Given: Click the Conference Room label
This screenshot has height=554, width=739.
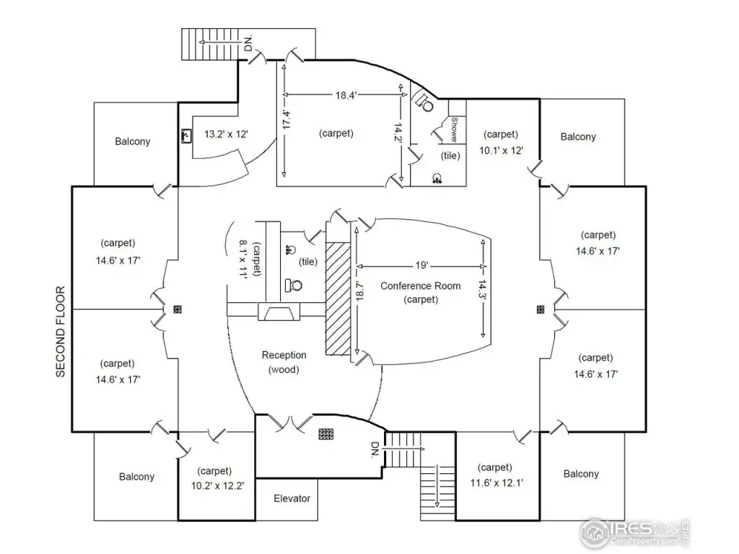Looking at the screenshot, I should (x=420, y=286).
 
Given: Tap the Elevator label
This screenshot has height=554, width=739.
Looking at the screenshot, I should (x=292, y=498).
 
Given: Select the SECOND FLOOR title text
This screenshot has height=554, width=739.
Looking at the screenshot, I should (x=61, y=332).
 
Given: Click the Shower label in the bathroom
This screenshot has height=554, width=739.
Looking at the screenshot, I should (x=455, y=130).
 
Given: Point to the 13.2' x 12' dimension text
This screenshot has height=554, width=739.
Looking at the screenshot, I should (x=227, y=134).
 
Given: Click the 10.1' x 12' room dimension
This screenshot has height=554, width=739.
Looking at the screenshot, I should (x=501, y=150).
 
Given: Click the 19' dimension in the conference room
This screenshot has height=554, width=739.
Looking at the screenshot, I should (x=422, y=264).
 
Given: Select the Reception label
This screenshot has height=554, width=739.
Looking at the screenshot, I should (x=284, y=355).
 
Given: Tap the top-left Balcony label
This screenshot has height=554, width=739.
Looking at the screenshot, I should (x=133, y=141).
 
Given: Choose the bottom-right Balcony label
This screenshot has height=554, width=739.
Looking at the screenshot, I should (x=581, y=474).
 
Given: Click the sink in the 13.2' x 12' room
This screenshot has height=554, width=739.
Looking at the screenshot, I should (x=187, y=135).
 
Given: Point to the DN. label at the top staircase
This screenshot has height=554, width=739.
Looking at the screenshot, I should (x=249, y=43).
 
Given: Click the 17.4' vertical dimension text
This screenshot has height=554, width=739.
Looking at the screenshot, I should (x=287, y=120).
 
